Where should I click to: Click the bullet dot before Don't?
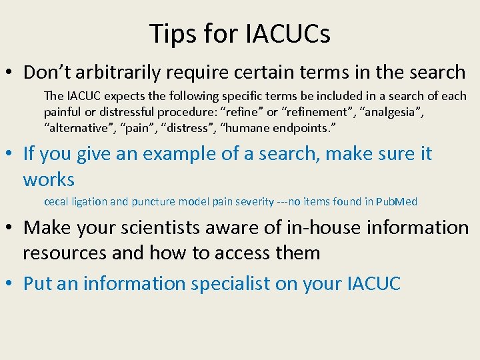pos(11,72)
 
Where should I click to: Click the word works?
pos(49,179)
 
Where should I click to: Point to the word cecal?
pos(57,201)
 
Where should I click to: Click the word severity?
pos(252,201)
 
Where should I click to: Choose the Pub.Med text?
pos(397,201)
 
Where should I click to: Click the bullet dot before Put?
pos(11,283)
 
